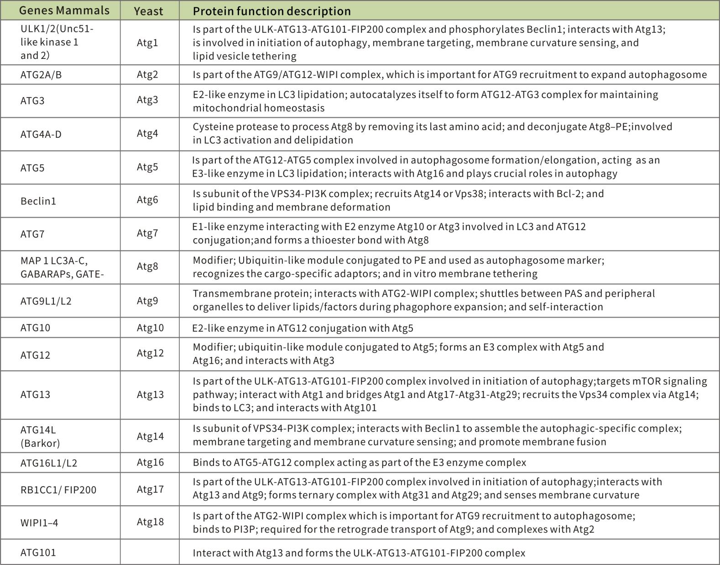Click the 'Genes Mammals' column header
[x=65, y=10]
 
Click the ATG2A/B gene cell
[x=41, y=75]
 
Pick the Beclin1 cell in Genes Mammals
[x=38, y=201]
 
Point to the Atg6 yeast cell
[x=147, y=200]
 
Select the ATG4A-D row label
[x=41, y=134]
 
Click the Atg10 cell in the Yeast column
[x=150, y=328]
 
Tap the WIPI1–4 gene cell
[x=39, y=523]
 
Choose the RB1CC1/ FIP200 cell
[x=58, y=490]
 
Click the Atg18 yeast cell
[x=150, y=522]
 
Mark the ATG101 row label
[x=38, y=553]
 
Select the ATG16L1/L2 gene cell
[x=49, y=463]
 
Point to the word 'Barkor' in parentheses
[x=40, y=443]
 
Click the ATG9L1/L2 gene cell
[x=46, y=301]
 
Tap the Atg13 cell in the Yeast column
[x=150, y=394]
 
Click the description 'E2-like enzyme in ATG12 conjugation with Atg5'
[x=303, y=328]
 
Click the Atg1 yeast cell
[x=147, y=42]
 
